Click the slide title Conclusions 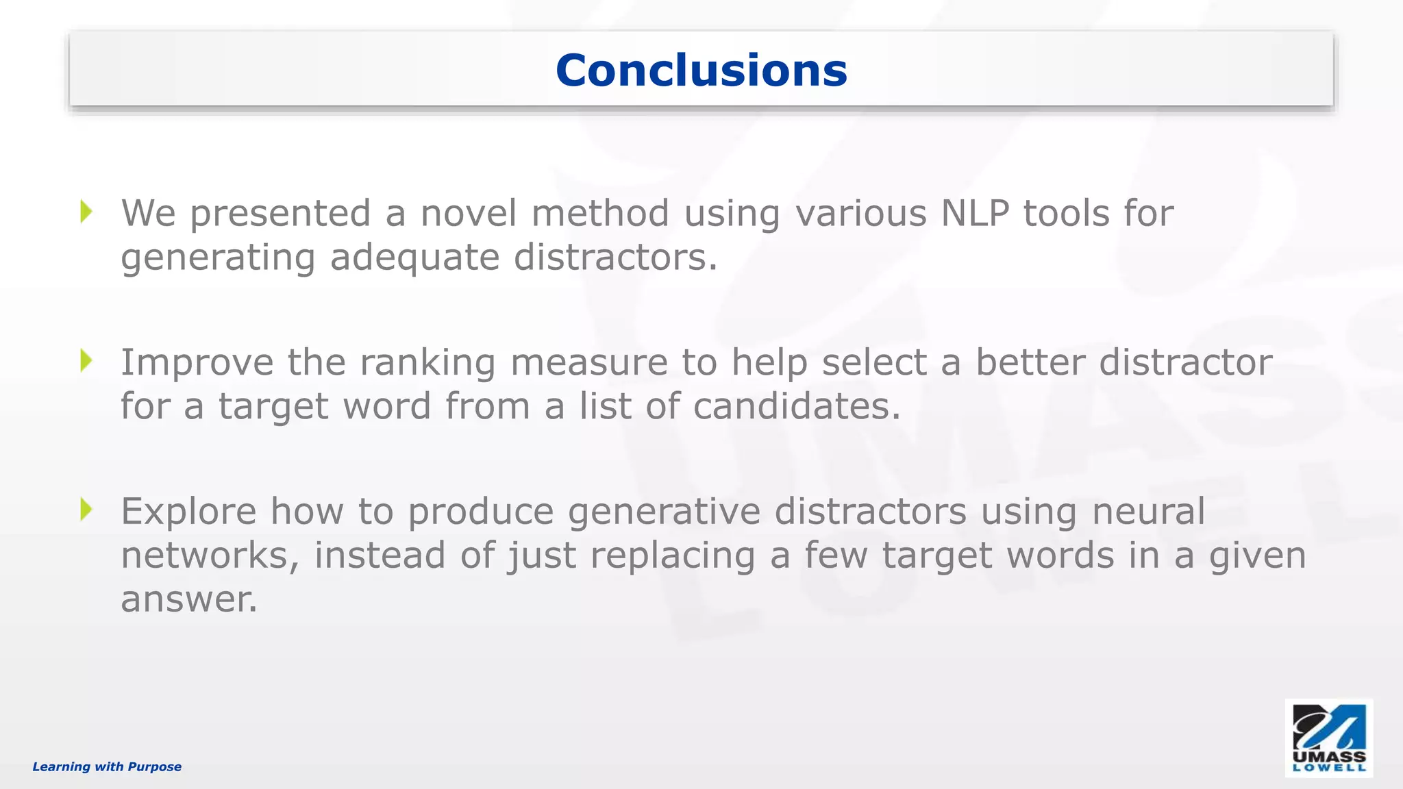(x=701, y=71)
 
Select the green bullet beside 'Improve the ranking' (x=86, y=360)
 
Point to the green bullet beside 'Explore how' (x=86, y=509)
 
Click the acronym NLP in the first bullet (x=974, y=213)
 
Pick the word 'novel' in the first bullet (x=469, y=213)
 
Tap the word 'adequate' (x=414, y=259)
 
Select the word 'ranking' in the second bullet (x=427, y=363)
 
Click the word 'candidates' (x=797, y=406)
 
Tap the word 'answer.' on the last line (x=189, y=599)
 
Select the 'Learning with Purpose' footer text (x=107, y=766)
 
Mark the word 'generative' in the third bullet (x=664, y=512)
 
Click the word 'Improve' (x=197, y=363)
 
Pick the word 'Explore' (x=188, y=512)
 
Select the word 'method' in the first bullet (x=600, y=213)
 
